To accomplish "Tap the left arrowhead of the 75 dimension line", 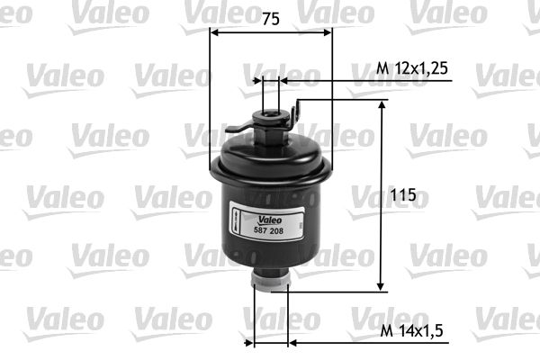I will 213,32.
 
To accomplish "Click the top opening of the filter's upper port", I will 270,111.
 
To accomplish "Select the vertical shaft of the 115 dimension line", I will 382,198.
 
